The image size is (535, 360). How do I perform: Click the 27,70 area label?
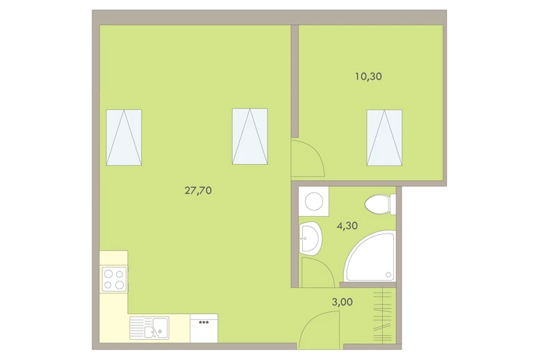tap(198, 190)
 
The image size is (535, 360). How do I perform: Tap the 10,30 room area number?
tap(368, 76)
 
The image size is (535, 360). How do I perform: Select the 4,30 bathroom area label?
tap(347, 226)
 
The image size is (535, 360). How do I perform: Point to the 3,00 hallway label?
tap(343, 302)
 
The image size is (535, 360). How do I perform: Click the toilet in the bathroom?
tap(380, 204)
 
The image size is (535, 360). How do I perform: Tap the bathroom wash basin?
tap(310, 238)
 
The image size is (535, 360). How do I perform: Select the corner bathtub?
tap(370, 256)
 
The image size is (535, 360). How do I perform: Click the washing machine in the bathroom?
tap(313, 201)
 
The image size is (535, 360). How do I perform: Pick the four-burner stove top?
tap(115, 279)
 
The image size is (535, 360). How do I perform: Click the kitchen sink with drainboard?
tap(149, 327)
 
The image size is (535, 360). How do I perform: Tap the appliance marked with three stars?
tap(204, 328)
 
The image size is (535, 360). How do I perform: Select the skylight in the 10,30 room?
tap(384, 138)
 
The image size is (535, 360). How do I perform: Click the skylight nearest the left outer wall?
tap(124, 138)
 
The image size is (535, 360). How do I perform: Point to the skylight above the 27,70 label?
tap(249, 136)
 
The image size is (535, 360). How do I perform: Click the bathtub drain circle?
tap(388, 275)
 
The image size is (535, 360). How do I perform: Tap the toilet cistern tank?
tap(393, 204)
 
